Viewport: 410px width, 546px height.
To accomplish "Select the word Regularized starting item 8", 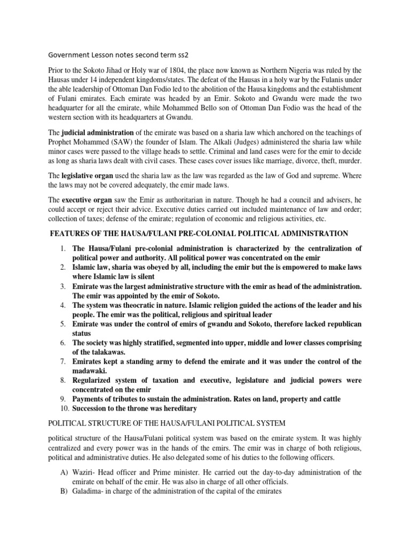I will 96,381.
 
